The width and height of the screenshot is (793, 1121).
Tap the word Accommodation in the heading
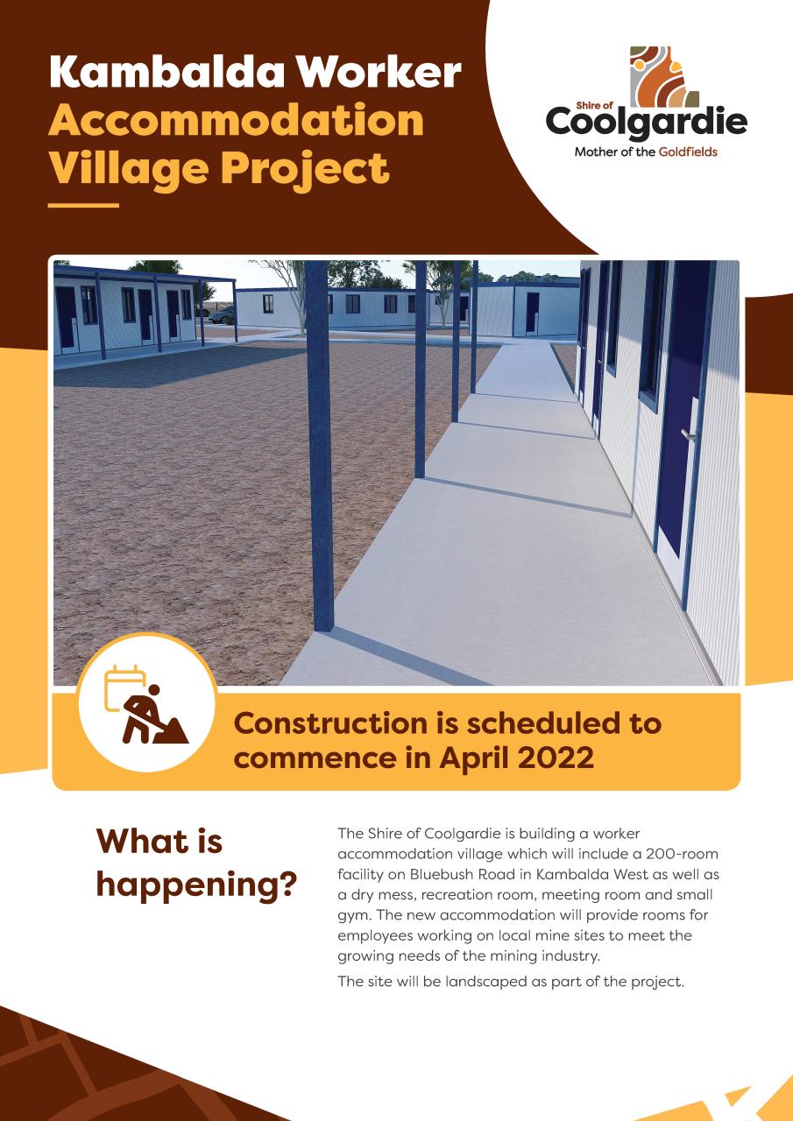(x=237, y=121)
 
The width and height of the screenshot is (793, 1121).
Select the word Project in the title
(x=305, y=169)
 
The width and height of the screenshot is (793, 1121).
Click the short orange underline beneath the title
(x=83, y=205)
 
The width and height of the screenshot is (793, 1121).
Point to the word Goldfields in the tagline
(x=688, y=152)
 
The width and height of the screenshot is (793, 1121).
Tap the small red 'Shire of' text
(x=594, y=106)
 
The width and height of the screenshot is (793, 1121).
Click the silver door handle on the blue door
(x=687, y=435)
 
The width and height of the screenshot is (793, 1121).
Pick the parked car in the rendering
(x=221, y=315)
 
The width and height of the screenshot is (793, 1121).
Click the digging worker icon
(x=154, y=716)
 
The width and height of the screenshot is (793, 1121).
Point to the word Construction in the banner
(x=330, y=723)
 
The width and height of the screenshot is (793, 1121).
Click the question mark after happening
(x=287, y=885)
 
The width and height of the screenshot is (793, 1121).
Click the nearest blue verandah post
(x=320, y=447)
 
